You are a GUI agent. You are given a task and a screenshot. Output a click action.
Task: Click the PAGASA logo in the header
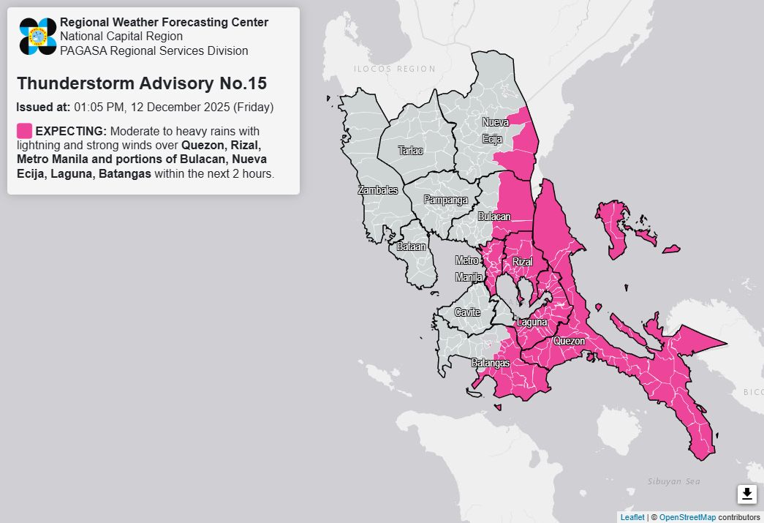(38, 36)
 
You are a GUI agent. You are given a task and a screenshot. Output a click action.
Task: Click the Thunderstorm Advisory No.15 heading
(142, 83)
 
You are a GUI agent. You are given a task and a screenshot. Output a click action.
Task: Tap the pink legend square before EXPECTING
(24, 131)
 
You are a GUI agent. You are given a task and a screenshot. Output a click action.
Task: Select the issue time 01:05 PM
(99, 107)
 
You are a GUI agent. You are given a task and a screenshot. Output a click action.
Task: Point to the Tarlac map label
(410, 151)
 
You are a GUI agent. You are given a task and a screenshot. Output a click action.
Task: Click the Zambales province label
(378, 190)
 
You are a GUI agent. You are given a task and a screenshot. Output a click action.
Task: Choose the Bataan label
(411, 247)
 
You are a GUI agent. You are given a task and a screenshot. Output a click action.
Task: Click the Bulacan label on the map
(494, 217)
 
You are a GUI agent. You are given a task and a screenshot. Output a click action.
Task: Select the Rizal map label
(522, 262)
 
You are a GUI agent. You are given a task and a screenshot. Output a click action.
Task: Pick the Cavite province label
(467, 312)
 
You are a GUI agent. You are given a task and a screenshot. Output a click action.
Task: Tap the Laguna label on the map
(532, 322)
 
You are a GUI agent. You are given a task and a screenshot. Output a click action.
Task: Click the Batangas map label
(490, 363)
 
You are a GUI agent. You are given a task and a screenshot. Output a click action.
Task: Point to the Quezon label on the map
(569, 341)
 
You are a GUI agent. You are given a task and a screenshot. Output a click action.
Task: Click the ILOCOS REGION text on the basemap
(395, 69)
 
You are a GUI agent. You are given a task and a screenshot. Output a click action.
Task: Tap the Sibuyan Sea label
(674, 481)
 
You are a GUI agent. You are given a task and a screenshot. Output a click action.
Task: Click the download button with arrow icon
(746, 494)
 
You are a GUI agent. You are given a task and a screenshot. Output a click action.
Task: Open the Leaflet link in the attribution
(632, 517)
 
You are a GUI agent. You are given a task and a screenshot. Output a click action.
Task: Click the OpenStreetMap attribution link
(687, 517)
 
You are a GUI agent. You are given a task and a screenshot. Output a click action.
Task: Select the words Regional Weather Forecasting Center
(164, 22)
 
